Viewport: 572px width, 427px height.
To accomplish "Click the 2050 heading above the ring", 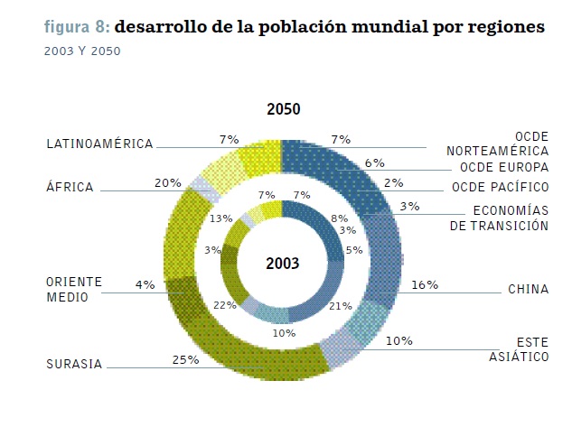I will tap(283, 110).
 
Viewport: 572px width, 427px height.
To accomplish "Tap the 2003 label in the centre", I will tap(282, 264).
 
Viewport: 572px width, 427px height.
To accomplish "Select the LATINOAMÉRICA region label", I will tap(99, 144).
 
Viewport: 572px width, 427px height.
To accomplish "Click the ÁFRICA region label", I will tap(70, 187).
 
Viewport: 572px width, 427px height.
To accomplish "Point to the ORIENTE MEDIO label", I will tap(74, 289).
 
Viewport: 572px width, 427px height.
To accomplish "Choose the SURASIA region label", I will tap(74, 365).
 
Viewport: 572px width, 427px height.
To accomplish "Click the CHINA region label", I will tap(528, 290).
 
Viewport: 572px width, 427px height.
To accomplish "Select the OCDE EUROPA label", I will tap(503, 168).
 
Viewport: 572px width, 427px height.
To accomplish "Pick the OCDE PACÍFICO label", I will tap(499, 187).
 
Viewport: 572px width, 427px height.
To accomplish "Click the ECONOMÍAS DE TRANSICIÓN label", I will tap(499, 218).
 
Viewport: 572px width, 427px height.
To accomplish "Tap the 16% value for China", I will tap(424, 284).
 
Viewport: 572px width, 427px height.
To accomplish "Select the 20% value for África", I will tap(167, 182).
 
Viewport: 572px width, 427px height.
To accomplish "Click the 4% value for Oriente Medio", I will tap(145, 284).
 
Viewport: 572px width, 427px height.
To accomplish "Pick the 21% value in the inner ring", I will tap(341, 306).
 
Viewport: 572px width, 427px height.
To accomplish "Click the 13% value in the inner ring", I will tap(220, 218).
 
